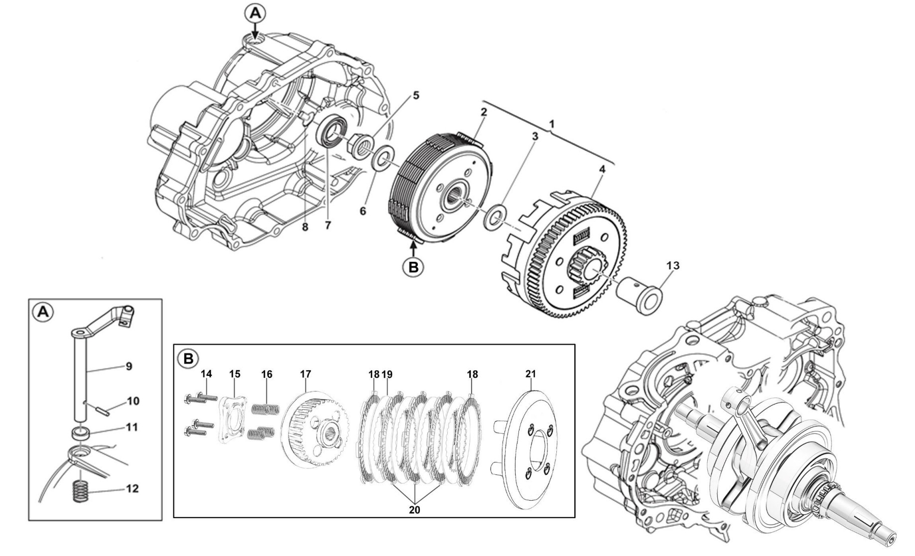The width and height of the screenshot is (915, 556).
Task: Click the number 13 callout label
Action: pos(672,266)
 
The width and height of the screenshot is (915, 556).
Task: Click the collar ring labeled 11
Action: pos(81,433)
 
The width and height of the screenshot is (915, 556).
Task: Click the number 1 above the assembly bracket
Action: pos(551,123)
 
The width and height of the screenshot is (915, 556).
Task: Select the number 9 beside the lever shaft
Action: pos(129,366)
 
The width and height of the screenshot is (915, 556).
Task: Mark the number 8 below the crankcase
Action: pos(305,227)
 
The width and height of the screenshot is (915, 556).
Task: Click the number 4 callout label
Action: pos(602,169)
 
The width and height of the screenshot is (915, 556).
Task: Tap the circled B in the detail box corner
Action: pos(188,358)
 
